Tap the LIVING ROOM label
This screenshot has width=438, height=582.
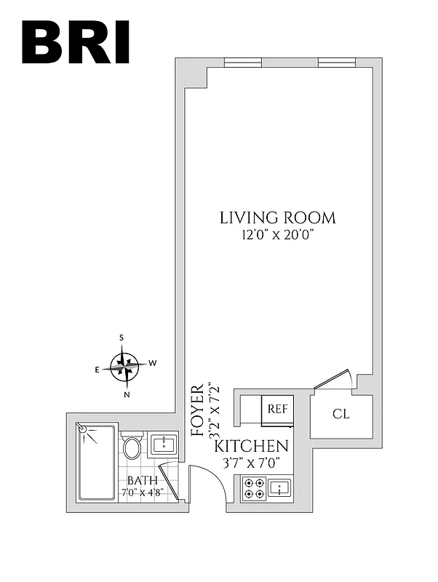tap(278, 218)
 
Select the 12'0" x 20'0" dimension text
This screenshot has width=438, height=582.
tap(278, 235)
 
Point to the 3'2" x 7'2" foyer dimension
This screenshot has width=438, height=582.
tap(213, 410)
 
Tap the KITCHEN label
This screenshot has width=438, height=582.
tap(251, 446)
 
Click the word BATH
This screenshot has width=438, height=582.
tap(142, 480)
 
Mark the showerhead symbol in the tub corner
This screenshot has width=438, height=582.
tap(86, 430)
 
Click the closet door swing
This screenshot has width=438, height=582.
tap(336, 380)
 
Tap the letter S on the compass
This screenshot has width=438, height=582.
tap(122, 338)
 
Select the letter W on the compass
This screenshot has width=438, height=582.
tap(153, 362)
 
